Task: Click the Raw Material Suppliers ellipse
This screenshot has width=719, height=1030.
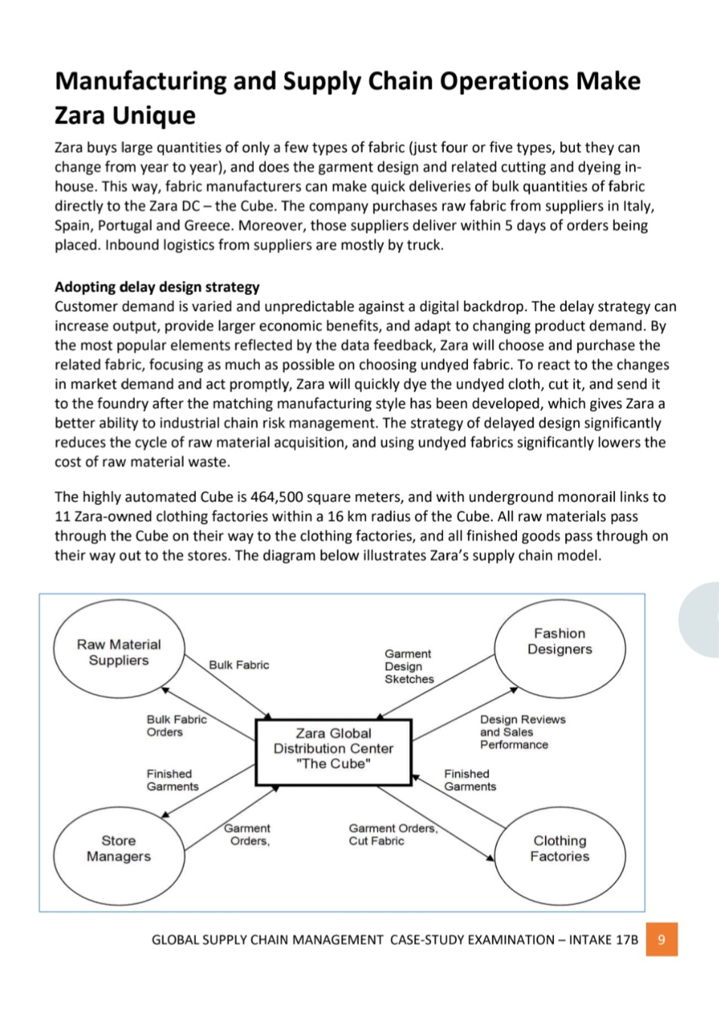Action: [118, 652]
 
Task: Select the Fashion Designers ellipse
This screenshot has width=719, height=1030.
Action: [559, 641]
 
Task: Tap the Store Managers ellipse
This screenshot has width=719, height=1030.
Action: [118, 849]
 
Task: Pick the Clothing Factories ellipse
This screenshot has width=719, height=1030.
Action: [559, 849]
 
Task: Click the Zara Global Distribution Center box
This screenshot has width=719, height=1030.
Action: [333, 748]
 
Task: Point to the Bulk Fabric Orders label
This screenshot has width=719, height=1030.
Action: [176, 726]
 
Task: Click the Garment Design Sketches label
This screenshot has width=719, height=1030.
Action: [408, 666]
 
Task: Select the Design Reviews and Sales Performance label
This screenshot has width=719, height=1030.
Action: [522, 732]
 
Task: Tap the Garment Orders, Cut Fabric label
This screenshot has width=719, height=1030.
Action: [392, 834]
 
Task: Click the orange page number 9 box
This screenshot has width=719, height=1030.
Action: [661, 940]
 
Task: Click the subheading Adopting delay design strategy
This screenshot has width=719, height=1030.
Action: [157, 287]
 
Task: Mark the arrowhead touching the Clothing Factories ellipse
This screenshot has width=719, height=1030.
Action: [491, 857]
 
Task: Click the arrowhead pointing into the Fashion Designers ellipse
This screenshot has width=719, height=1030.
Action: [514, 689]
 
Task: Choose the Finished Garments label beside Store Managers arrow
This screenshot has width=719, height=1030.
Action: [172, 780]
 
